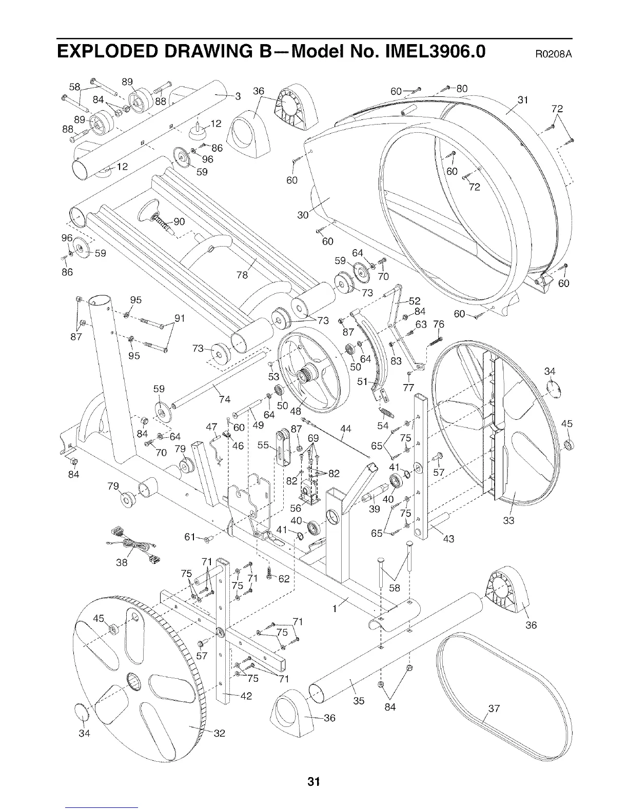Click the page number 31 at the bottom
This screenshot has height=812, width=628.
pyautogui.click(x=313, y=782)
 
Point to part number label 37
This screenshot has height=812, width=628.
pyautogui.click(x=494, y=709)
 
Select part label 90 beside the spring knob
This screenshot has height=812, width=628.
pyautogui.click(x=179, y=222)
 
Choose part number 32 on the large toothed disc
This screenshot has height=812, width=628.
pyautogui.click(x=219, y=733)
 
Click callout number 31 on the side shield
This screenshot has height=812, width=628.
pyautogui.click(x=523, y=99)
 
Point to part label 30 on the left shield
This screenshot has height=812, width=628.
pyautogui.click(x=303, y=215)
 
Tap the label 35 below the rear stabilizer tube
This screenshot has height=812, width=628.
pyautogui.click(x=359, y=700)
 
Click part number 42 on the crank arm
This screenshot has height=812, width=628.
pyautogui.click(x=246, y=696)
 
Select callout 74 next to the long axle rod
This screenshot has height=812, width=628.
pyautogui.click(x=224, y=399)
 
